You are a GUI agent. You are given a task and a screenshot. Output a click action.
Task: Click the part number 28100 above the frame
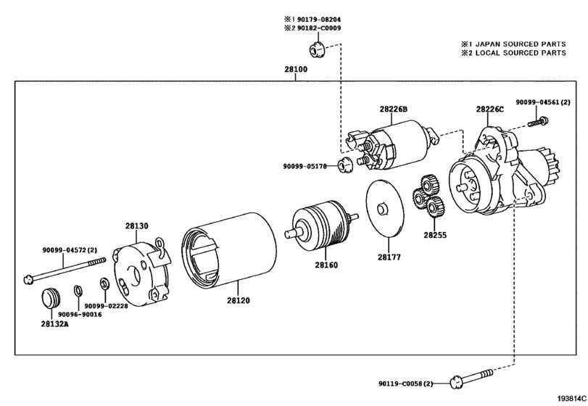296,70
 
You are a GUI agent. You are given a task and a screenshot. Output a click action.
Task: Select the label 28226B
394,109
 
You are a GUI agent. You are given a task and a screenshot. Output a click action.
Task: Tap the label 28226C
490,109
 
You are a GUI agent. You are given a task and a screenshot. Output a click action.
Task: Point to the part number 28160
326,265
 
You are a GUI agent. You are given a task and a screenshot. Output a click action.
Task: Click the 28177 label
389,257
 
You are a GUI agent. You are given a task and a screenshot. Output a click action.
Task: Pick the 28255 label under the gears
435,235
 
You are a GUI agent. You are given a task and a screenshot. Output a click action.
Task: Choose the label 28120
238,300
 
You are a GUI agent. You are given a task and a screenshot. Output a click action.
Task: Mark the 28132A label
55,324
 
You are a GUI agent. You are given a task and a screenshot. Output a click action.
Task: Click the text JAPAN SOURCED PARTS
521,43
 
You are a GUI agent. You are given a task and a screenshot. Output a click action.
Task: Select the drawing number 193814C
571,398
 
